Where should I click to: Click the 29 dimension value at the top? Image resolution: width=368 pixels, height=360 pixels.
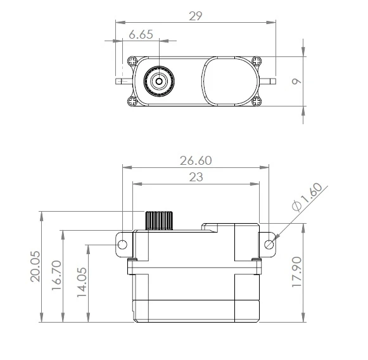click(x=196, y=16)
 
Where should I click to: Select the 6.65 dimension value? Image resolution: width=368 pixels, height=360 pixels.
click(x=141, y=35)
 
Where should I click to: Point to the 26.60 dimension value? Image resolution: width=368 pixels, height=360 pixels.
click(x=196, y=161)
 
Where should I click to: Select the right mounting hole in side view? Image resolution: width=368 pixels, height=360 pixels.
click(x=269, y=244)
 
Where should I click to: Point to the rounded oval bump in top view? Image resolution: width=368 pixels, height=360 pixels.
click(x=229, y=80)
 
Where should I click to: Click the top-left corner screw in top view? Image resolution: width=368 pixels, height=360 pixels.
click(x=132, y=62)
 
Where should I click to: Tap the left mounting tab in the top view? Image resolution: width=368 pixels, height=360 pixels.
click(x=122, y=81)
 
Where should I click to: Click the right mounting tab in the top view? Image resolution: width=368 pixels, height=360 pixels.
click(x=269, y=81)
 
